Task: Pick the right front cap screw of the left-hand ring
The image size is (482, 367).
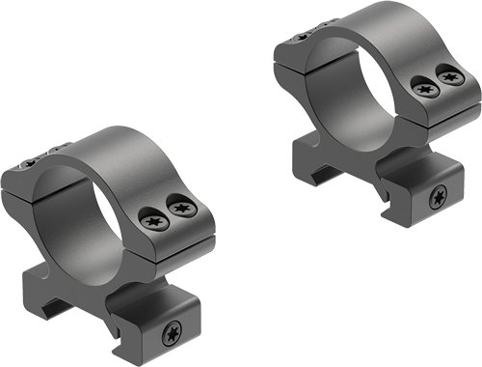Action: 180,205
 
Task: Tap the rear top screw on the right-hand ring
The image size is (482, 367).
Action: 306,36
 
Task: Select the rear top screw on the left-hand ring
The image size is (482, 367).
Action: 40,155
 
